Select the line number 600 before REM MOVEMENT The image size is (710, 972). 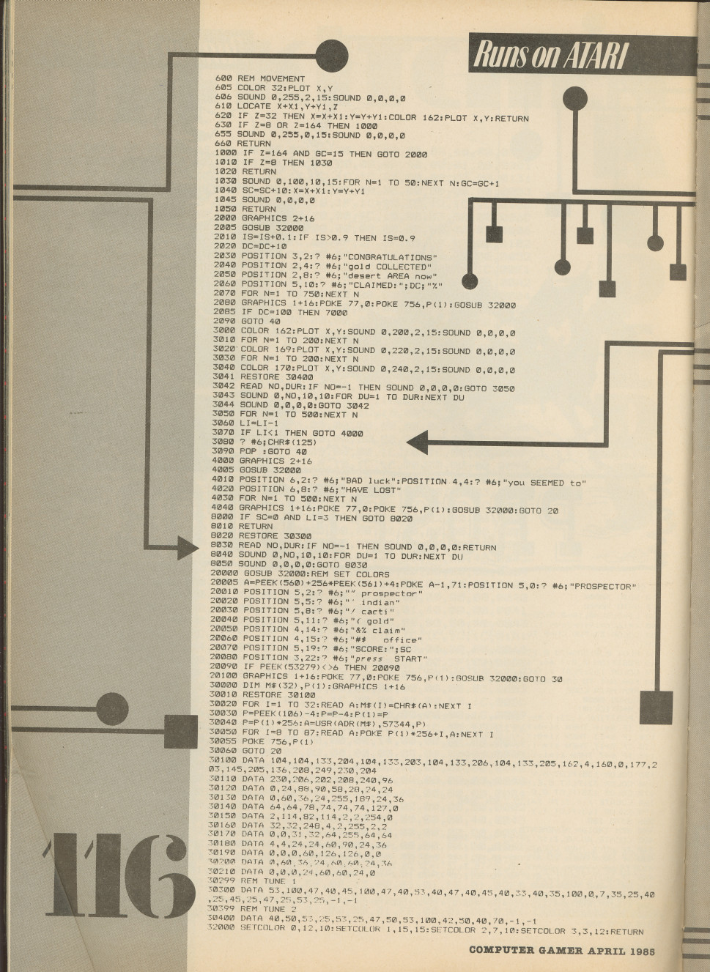tap(223, 78)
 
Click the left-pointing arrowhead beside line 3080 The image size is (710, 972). tap(418, 442)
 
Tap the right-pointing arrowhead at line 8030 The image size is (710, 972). tap(188, 547)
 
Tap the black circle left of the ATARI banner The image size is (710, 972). tap(332, 56)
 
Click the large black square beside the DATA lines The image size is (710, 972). tap(656, 708)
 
